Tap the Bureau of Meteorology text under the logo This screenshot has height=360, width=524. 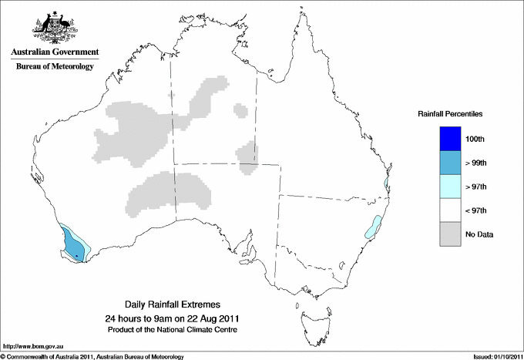coord(55,67)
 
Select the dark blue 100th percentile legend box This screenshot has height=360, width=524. coord(449,139)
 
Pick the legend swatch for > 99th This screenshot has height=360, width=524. coord(449,163)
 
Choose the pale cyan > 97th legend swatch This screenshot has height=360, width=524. coord(449,187)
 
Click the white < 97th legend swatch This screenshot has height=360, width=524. coord(449,210)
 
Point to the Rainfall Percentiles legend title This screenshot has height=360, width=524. coord(450,114)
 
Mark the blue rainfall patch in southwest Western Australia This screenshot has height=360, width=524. coord(73,245)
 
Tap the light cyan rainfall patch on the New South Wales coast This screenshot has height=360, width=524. coord(373,227)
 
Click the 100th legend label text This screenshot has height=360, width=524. coord(475,139)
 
